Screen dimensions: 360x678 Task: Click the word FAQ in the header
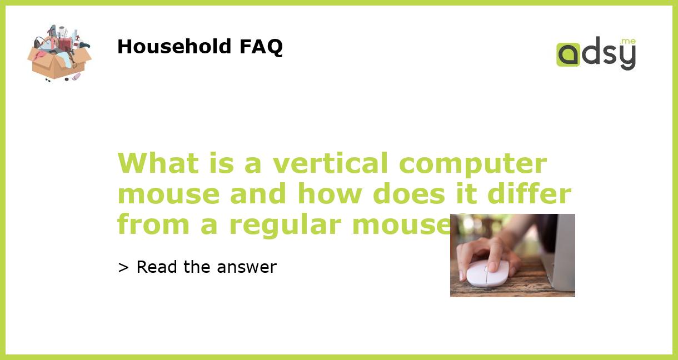coord(261,47)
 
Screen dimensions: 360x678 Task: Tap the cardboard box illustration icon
coord(59,54)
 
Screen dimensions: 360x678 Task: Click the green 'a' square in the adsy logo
coord(568,54)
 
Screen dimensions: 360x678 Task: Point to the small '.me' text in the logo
coord(627,42)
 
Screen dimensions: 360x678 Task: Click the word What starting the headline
coord(158,163)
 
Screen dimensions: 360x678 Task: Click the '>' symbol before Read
coord(123,267)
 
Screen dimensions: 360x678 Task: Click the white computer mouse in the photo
coord(487,273)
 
